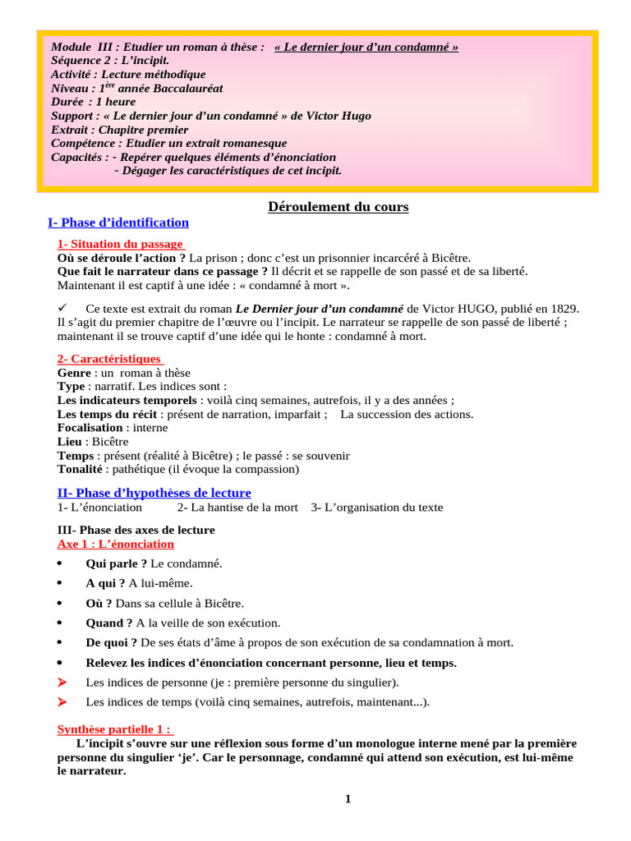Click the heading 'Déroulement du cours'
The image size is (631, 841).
click(x=338, y=207)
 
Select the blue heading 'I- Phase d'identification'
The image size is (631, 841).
click(x=118, y=223)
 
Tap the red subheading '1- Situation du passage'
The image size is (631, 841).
click(x=120, y=244)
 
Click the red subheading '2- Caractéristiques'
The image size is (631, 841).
click(x=108, y=359)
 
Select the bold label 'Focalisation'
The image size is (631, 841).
click(x=90, y=428)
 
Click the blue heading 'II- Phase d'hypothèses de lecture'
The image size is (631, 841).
click(x=154, y=493)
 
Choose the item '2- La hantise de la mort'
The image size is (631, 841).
click(x=237, y=508)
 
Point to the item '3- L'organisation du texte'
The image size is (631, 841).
click(x=376, y=508)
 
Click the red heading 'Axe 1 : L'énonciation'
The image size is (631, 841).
click(x=115, y=544)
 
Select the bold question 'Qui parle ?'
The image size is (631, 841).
click(x=117, y=563)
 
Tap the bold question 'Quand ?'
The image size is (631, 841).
click(x=109, y=623)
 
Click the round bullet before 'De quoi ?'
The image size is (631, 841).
click(x=61, y=642)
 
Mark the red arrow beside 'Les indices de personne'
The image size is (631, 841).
click(x=62, y=682)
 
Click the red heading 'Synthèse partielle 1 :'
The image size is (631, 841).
click(x=114, y=729)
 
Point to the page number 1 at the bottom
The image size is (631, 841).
click(x=348, y=800)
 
